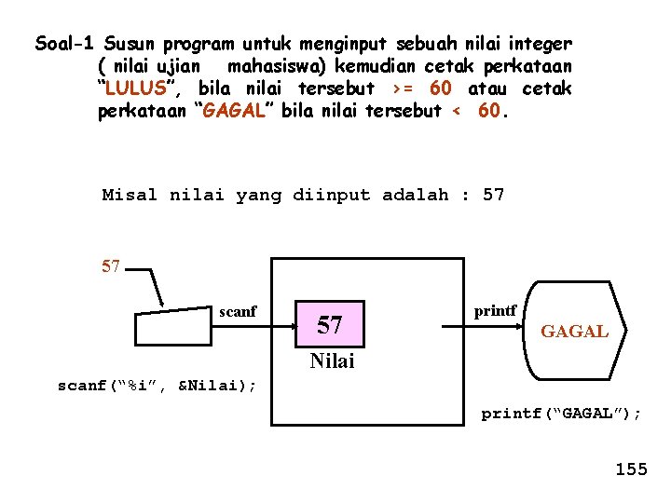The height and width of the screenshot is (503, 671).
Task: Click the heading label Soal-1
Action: (x=66, y=44)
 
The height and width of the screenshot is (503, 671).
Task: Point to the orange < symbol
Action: (x=456, y=112)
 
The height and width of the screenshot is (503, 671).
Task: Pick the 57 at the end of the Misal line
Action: (x=494, y=196)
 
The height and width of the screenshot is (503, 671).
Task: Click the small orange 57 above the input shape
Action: (x=111, y=267)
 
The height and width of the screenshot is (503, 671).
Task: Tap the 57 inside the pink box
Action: (x=330, y=325)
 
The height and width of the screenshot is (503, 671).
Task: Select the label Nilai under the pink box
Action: (x=332, y=360)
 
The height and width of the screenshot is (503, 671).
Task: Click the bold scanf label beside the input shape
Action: (x=238, y=312)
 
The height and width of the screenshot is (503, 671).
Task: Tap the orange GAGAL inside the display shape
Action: (x=575, y=331)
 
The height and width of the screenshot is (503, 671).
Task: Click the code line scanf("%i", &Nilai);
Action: (x=157, y=385)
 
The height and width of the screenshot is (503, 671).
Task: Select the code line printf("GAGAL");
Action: (x=561, y=414)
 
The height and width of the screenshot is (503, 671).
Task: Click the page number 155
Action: (x=631, y=469)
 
